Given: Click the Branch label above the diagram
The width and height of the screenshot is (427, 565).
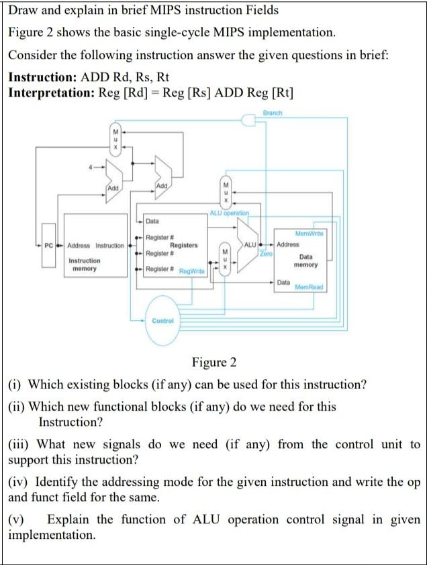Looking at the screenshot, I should (x=273, y=113).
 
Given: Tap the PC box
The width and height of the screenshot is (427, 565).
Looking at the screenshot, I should (x=48, y=246).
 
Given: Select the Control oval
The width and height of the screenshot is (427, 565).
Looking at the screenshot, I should (x=162, y=321).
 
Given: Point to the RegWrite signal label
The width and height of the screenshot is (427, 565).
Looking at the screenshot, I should (x=191, y=270).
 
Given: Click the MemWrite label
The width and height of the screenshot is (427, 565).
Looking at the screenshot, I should (x=310, y=233).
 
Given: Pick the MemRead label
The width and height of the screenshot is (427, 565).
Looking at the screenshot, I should (x=309, y=287).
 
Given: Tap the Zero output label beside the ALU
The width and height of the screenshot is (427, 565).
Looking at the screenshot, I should (x=267, y=254).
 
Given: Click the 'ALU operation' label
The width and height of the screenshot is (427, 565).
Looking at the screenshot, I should (x=229, y=213).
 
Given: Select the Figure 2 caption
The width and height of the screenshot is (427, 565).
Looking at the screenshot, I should (x=213, y=363).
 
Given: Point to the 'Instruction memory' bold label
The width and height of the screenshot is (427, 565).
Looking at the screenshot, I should (x=85, y=264).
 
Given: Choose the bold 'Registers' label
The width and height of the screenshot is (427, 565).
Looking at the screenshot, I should (x=183, y=246).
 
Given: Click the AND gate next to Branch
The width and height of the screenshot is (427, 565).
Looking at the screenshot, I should (x=249, y=121).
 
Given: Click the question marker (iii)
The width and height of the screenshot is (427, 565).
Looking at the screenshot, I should (x=19, y=444).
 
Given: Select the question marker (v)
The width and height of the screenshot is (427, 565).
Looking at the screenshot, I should (x=17, y=519).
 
